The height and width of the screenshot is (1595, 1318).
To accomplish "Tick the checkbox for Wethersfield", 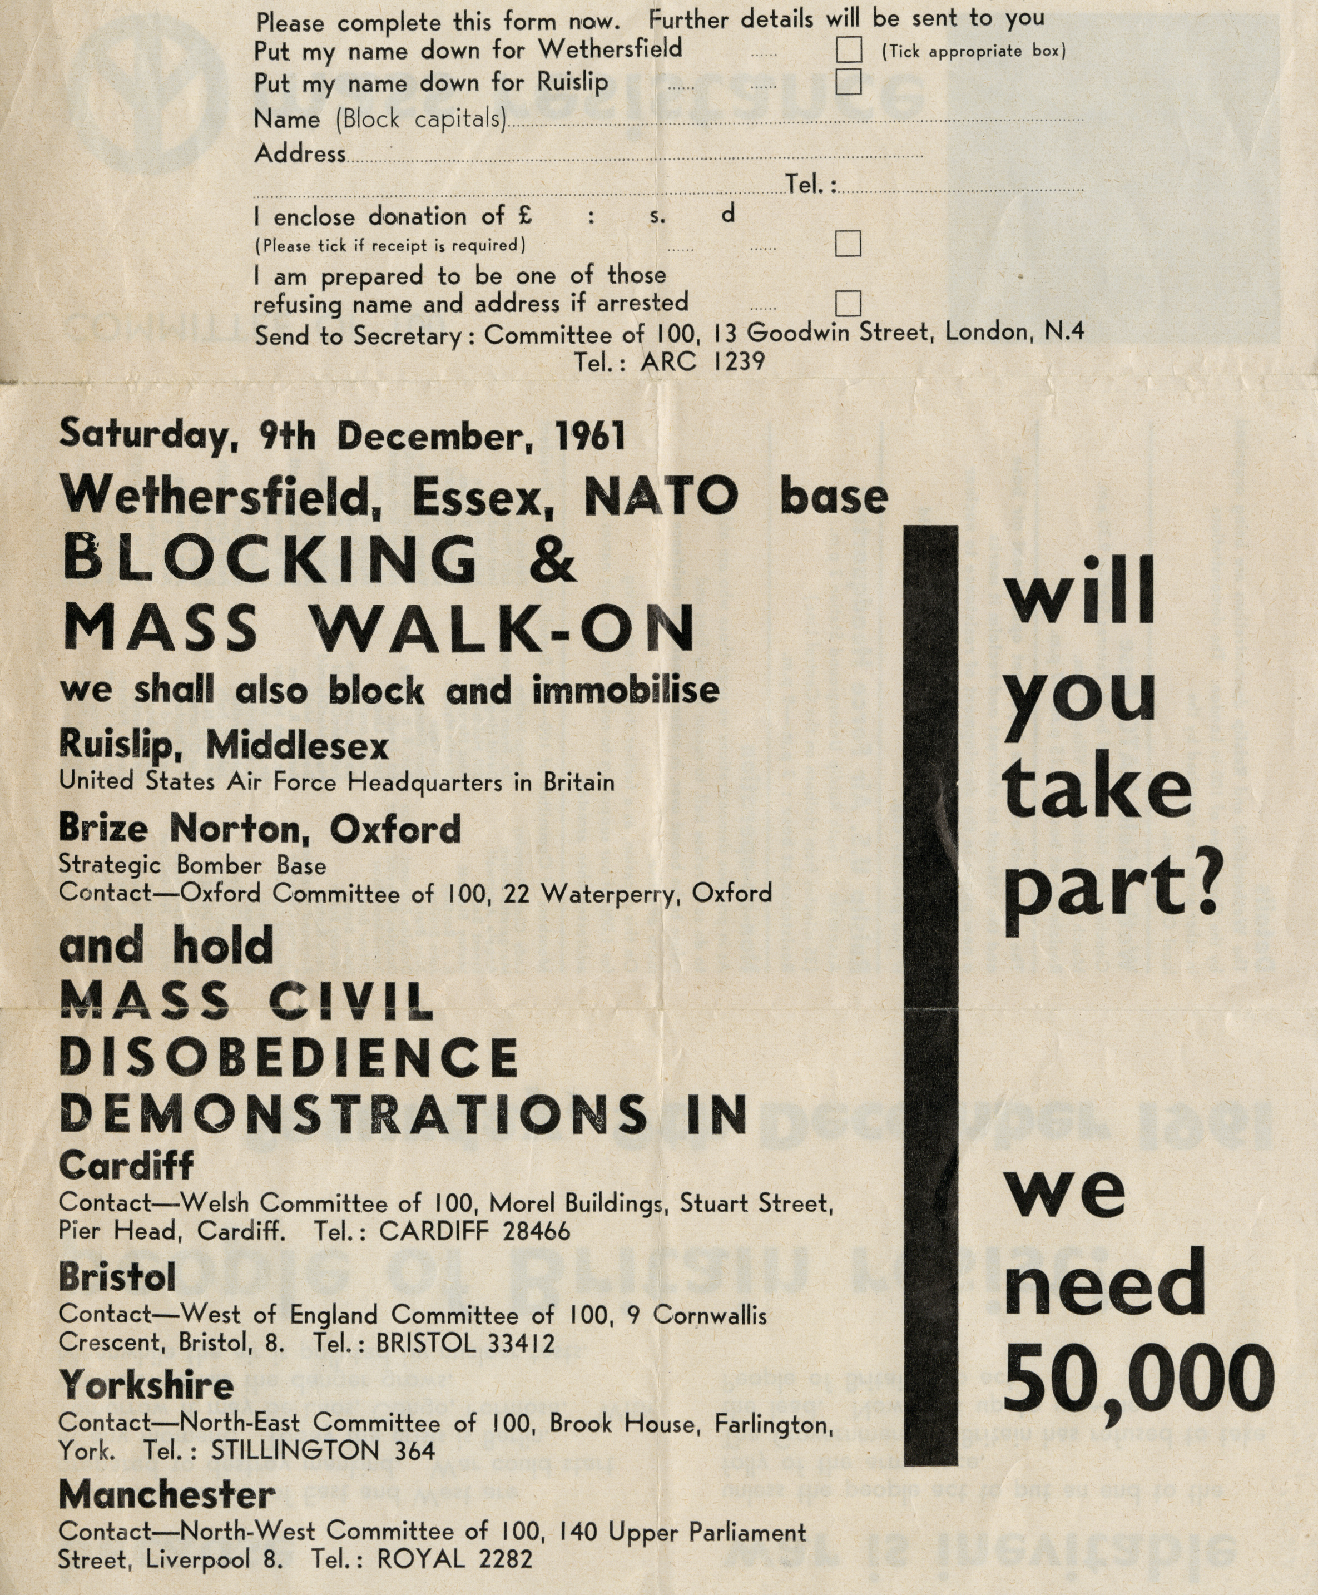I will (848, 50).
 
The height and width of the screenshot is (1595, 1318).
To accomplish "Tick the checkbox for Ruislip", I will (848, 82).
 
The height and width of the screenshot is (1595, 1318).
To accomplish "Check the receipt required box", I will (848, 244).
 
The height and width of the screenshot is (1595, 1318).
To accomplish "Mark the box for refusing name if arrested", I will (848, 303).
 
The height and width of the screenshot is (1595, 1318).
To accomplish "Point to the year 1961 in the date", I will (590, 437).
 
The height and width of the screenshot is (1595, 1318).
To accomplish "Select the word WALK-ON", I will (505, 628).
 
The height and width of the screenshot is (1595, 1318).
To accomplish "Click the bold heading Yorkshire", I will (146, 1385).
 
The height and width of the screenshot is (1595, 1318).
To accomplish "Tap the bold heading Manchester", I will (166, 1495).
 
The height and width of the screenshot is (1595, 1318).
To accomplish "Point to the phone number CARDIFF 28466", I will (474, 1231).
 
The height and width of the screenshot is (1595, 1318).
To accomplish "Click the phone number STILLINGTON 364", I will (323, 1451).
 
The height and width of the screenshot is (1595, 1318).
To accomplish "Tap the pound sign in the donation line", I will (524, 216).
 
